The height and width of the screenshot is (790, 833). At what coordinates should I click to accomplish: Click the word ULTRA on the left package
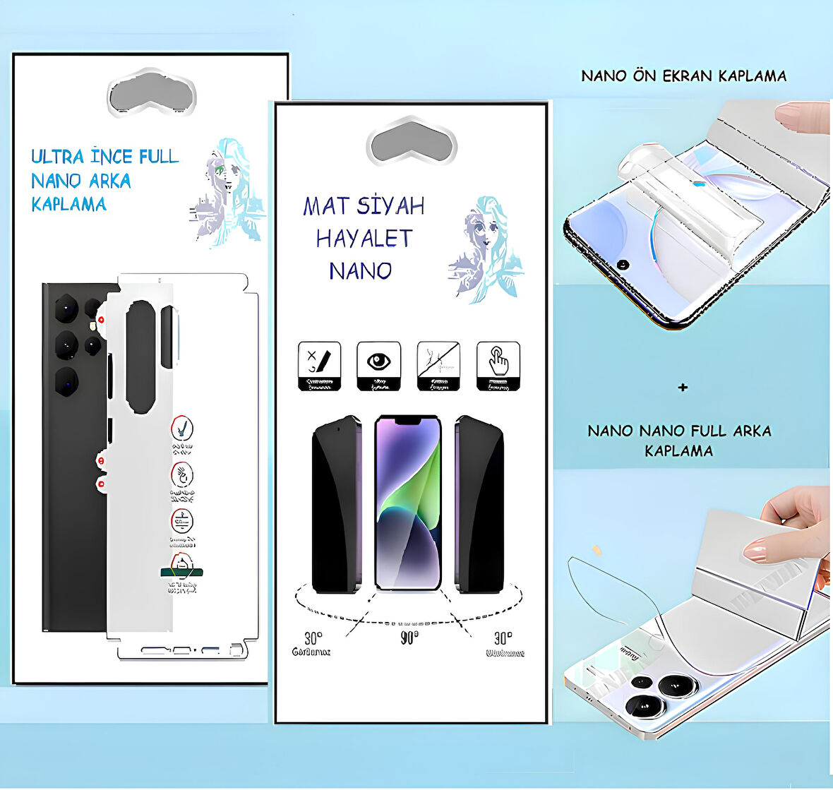pos(57,156)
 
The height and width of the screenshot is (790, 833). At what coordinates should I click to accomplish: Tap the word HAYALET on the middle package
pos(364,239)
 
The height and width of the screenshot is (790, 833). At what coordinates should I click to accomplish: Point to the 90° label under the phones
pos(409,638)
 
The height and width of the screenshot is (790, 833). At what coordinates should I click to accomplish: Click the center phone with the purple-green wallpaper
pos(408,503)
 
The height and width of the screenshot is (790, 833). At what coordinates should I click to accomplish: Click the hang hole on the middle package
pos(411,143)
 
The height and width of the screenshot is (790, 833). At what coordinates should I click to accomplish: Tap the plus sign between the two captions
pos(683,388)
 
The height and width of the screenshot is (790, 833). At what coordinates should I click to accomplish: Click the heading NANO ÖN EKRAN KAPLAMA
pos(683,76)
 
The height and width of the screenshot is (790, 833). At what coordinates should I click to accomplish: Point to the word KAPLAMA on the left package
pos(69,205)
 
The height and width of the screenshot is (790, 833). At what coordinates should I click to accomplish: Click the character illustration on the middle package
pos(487,249)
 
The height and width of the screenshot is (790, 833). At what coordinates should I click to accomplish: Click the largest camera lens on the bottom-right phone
pos(646,707)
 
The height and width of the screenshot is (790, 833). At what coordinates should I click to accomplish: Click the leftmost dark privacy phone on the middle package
pos(336,505)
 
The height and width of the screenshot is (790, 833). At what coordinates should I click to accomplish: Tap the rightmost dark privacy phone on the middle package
pos(480,505)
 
